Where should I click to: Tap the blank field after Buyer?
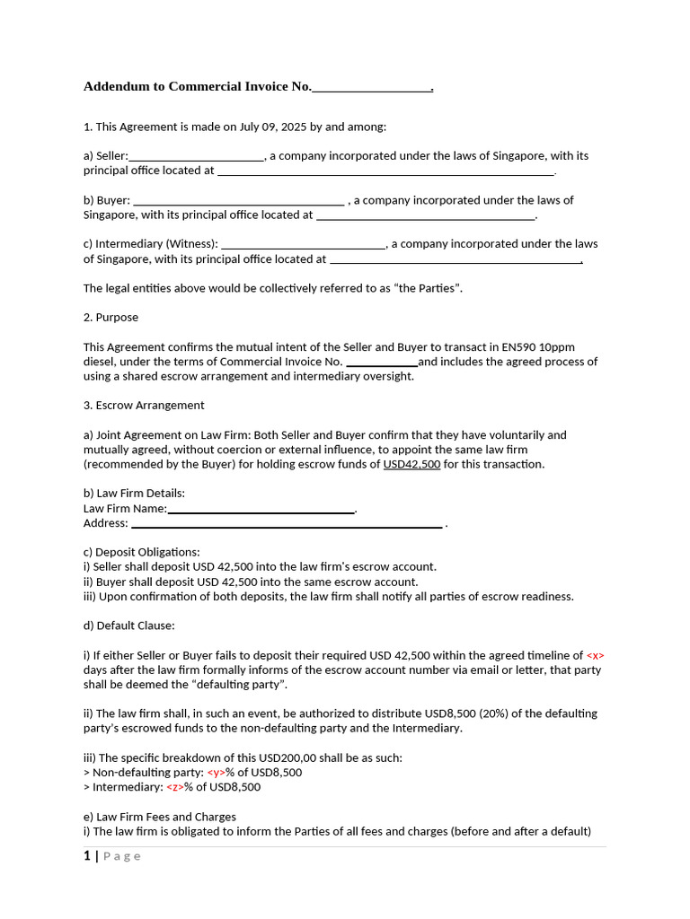(238, 200)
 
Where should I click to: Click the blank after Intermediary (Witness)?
(304, 244)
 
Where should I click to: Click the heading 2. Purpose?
(111, 318)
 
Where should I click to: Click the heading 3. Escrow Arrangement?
(144, 406)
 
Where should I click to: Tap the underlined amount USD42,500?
(411, 464)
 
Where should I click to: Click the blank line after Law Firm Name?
(261, 509)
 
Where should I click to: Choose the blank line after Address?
(287, 523)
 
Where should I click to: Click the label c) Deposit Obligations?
(142, 552)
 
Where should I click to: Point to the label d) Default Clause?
(129, 626)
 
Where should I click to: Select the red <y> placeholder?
(216, 773)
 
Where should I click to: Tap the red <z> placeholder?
(175, 787)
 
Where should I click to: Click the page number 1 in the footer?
(86, 856)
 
